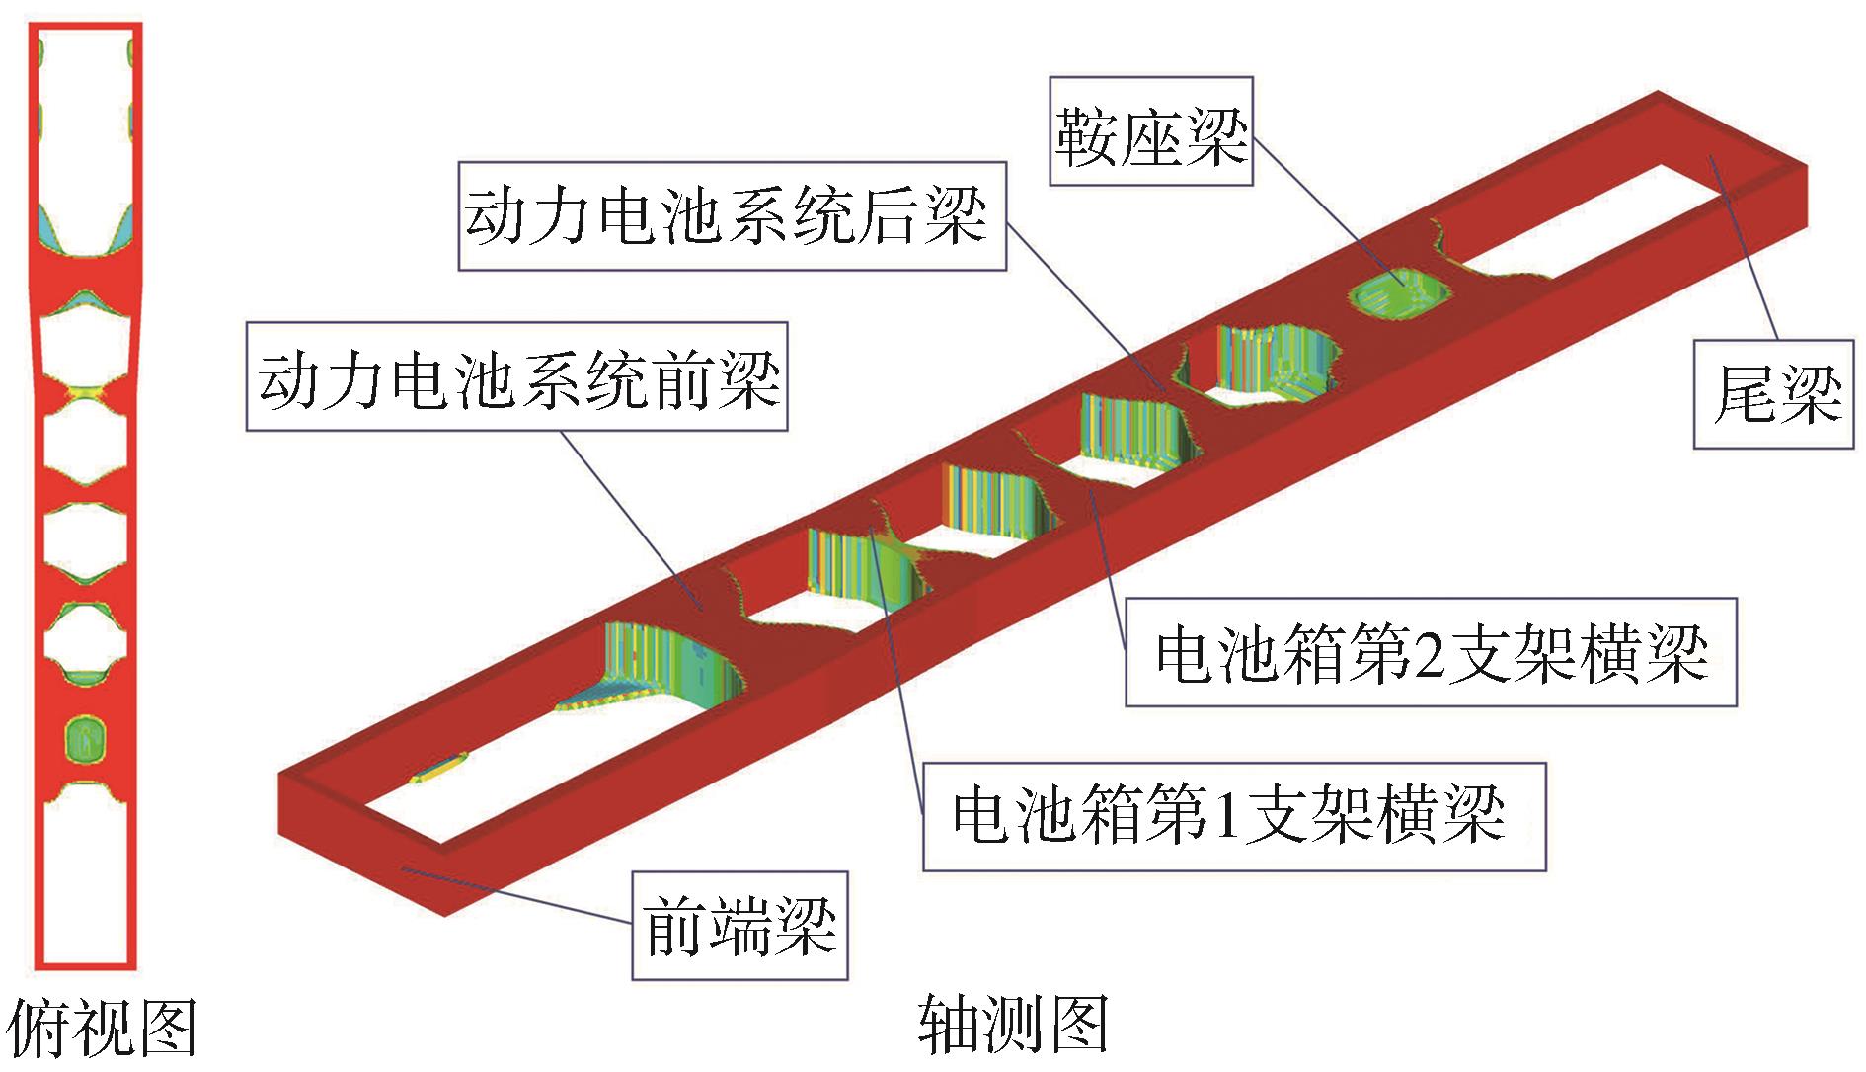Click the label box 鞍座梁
tap(1151, 132)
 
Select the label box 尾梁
tap(1775, 394)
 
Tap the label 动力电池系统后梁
tap(731, 216)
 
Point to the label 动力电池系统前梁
tap(516, 376)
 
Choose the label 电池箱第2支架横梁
tap(1431, 652)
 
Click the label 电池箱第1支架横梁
tap(1233, 816)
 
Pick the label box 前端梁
tap(739, 925)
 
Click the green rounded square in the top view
tap(87, 738)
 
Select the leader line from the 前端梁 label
tap(513, 894)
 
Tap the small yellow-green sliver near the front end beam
tap(439, 768)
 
